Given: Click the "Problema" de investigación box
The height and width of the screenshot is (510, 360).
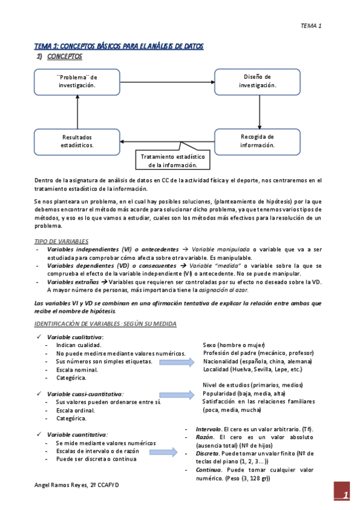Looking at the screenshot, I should pos(77,81).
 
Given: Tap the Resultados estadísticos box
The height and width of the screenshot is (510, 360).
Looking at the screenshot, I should pos(77,141).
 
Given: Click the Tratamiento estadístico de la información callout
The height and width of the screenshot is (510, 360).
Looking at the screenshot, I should pos(172,161).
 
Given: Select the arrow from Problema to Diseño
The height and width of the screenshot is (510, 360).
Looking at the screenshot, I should pos(167,81).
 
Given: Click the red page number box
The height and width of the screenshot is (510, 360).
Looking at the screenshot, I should pos(342,494).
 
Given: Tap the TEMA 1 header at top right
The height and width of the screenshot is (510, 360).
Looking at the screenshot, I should pos(311,26).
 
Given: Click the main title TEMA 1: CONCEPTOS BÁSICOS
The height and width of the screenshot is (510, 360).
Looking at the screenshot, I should pos(119,46).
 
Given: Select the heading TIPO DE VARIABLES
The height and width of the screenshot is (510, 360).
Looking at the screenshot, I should pos(61,241).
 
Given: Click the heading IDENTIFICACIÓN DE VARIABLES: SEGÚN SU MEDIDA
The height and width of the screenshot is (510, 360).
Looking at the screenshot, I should pos(105,324).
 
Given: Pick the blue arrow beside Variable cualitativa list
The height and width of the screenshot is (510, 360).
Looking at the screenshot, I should pos(178,362).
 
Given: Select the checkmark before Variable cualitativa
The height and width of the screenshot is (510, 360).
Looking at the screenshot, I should pos(38,337).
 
